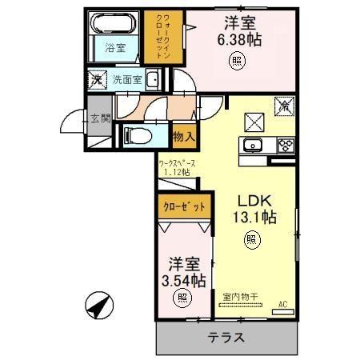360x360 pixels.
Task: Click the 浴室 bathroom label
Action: (116, 48)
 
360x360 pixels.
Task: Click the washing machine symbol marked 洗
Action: (96, 79)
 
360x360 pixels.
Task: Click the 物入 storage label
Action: (184, 137)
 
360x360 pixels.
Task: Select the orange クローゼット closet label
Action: (186, 206)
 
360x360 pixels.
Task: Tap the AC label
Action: (283, 304)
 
